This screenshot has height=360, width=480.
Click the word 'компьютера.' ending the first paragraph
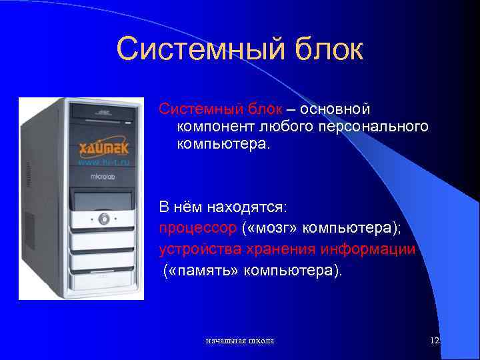pyautogui.click(x=223, y=143)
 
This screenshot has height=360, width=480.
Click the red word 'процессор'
pyautogui.click(x=197, y=228)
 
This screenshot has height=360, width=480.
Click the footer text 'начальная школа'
pyautogui.click(x=239, y=341)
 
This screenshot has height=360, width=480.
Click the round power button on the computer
pyautogui.click(x=103, y=219)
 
